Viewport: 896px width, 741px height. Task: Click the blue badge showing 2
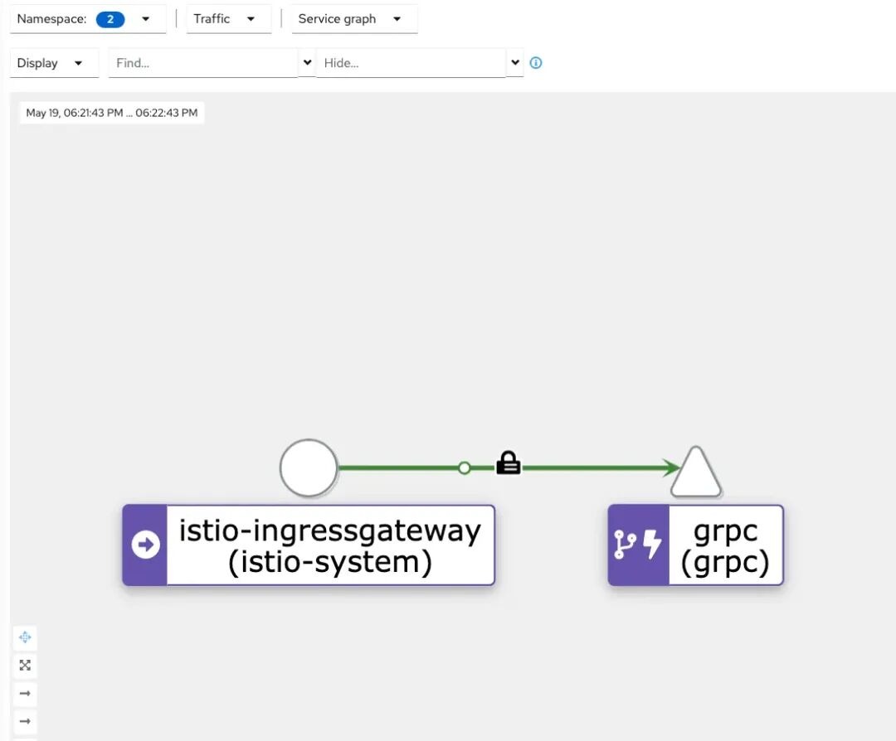click(x=110, y=19)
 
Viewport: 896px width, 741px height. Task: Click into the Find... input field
click(x=202, y=63)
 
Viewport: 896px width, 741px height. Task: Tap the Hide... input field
click(x=410, y=63)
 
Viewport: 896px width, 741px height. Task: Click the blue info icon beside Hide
click(x=536, y=63)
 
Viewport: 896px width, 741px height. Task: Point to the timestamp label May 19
click(x=112, y=113)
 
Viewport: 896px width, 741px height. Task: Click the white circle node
click(x=309, y=468)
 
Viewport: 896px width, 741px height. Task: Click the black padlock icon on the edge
click(x=508, y=464)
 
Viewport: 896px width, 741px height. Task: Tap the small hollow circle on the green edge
click(x=465, y=468)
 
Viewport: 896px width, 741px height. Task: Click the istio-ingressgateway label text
click(x=330, y=545)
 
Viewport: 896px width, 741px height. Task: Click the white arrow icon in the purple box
click(x=145, y=545)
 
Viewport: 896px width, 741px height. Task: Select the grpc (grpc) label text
click(x=725, y=545)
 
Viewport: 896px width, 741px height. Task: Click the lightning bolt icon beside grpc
click(x=653, y=545)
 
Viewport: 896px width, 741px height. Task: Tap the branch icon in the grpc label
click(x=625, y=545)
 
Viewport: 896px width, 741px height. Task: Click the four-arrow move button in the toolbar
click(x=25, y=637)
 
